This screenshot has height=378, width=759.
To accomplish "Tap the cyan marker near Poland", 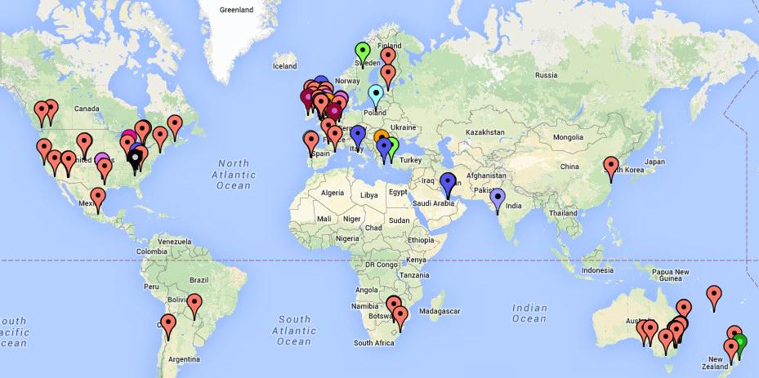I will click(x=375, y=95).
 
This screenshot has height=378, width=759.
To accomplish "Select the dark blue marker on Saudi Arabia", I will click(x=448, y=183).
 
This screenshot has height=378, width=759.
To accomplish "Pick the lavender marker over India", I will click(x=497, y=198).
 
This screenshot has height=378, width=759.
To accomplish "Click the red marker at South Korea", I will click(x=611, y=167).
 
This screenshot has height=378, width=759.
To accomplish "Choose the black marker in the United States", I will click(x=136, y=160).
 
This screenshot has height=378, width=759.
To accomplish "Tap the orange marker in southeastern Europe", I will click(x=382, y=138).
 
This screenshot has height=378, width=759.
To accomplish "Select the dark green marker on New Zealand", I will click(x=739, y=342).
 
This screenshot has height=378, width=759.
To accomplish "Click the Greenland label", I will click(x=237, y=10).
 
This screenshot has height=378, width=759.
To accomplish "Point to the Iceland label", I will click(x=285, y=66).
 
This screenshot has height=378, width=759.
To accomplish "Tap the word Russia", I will click(x=546, y=75).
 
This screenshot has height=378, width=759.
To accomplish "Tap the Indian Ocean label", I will click(x=529, y=313).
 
